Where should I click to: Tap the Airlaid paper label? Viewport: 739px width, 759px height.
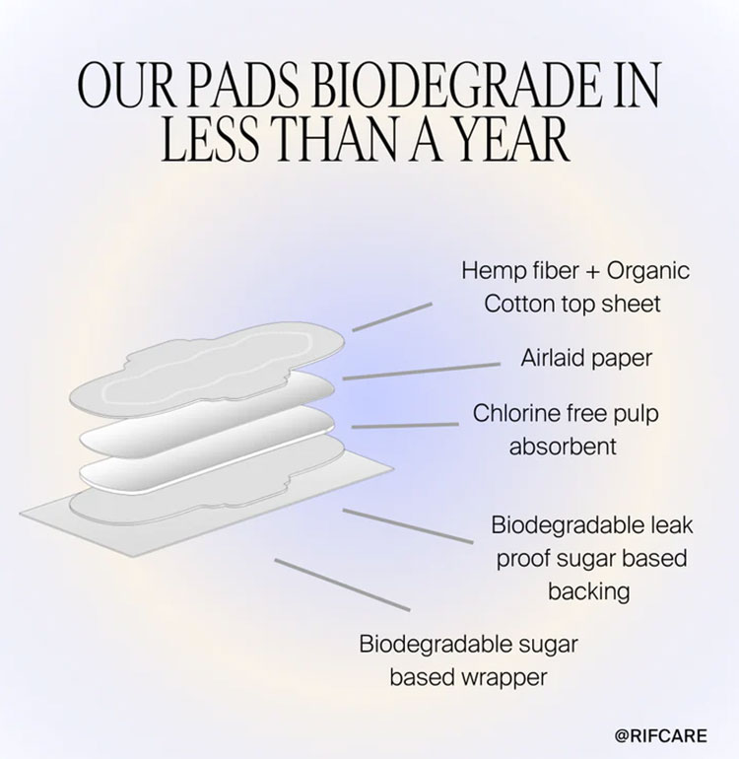[586, 358]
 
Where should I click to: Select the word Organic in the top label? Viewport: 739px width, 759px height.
[648, 271]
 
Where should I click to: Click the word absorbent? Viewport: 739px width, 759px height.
[563, 447]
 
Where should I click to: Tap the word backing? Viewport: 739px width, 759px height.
[589, 591]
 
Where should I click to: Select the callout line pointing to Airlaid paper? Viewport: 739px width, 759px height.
[422, 371]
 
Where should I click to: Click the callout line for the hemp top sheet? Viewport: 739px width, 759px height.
[392, 317]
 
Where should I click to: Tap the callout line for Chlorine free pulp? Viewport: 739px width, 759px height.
[405, 425]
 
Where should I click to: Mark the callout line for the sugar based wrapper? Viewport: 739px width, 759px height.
[343, 585]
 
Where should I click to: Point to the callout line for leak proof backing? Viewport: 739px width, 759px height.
[408, 526]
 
